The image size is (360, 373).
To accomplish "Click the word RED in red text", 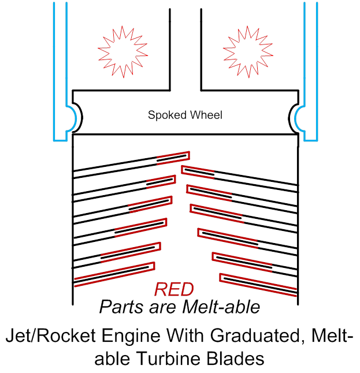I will tap(174, 290).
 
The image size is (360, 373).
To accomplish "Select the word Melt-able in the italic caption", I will tap(224, 307).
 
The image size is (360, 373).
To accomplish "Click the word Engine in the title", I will tap(127, 337).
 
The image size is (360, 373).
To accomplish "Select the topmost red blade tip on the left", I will tap(173, 157).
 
